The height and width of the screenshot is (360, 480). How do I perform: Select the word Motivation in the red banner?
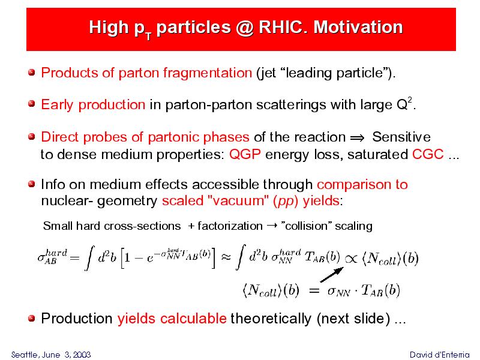coord(358,27)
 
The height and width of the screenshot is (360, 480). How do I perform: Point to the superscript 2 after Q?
coord(410,100)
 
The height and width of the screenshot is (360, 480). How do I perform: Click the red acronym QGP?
coord(245,154)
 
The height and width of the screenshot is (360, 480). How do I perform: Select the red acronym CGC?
coord(428,154)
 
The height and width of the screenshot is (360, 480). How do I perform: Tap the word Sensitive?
coord(401,137)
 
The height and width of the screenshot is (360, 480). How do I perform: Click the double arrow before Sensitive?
coord(357,138)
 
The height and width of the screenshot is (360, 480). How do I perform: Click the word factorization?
coord(230,226)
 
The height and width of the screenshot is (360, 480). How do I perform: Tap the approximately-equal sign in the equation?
coord(226,257)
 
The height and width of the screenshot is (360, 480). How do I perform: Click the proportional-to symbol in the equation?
coord(351,259)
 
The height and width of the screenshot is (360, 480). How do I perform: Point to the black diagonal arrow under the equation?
coord(332,275)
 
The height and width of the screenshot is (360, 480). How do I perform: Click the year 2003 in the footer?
coord(82,355)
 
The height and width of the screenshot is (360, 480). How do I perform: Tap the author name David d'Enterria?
coord(439,355)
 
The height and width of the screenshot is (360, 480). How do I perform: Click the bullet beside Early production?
coord(32,104)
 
